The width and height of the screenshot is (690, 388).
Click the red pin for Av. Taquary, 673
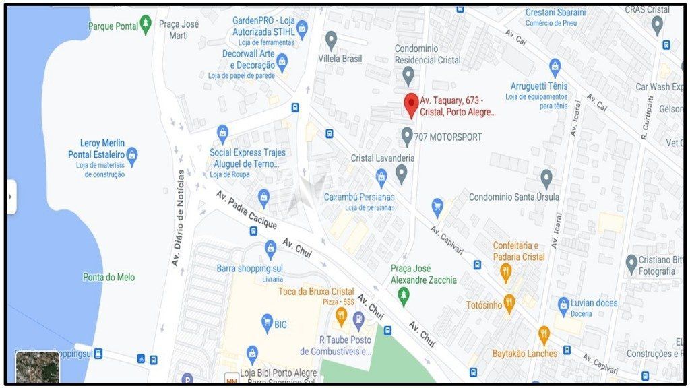pos(410,105)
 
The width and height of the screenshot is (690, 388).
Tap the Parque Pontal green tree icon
pos(146,26)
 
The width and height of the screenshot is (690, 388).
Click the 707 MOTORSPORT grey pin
pos(407,136)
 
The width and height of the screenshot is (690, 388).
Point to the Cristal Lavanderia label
pos(383,158)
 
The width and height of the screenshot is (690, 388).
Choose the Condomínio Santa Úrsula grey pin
pos(546,179)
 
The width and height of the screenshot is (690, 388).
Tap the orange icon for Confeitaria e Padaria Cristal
pos(505,272)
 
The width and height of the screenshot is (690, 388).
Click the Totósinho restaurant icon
pos(509,304)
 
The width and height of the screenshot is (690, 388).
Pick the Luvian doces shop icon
pos(563,304)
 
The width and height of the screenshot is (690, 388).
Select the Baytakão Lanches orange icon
pos(543,335)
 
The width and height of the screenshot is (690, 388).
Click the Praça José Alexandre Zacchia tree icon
pos(403,295)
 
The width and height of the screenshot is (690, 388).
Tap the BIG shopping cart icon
pos(267,323)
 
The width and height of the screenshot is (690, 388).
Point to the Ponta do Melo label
pos(108,277)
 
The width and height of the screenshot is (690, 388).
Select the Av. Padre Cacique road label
pos(246,209)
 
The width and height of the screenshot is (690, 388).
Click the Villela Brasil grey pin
pos(331,40)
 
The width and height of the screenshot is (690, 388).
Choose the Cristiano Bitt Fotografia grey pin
pos(631,263)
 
